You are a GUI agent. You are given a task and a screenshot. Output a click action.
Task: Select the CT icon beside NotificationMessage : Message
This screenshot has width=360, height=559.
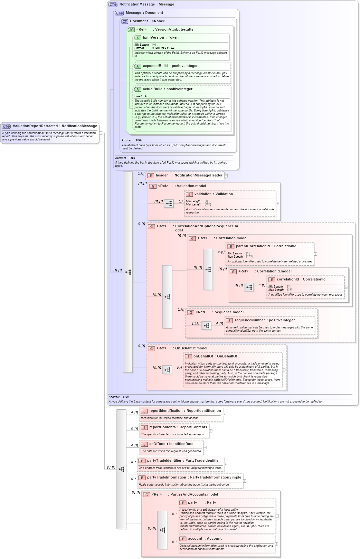(x=113, y=5)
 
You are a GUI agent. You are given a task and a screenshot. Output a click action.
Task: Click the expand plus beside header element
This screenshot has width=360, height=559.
(x=226, y=176)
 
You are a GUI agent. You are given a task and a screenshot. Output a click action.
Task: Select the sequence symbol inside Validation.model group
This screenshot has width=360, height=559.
(x=169, y=204)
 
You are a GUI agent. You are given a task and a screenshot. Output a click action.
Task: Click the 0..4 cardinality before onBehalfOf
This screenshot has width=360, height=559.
(x=179, y=367)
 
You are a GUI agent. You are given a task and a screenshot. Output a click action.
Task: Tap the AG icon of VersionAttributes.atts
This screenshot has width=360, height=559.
(x=131, y=30)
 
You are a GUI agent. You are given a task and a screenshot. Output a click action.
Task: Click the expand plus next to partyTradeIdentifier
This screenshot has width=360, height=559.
(x=225, y=464)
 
